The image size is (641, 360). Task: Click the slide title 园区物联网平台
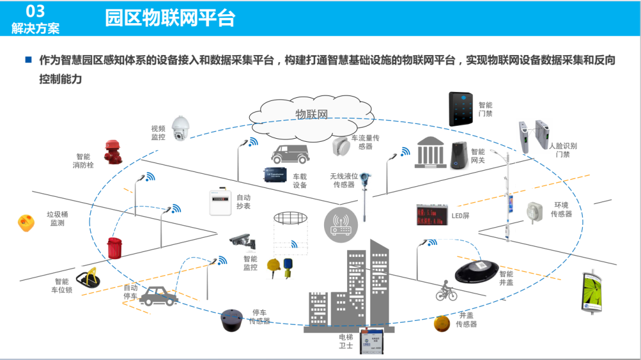pos(170,18)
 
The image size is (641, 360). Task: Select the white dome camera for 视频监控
pos(179,128)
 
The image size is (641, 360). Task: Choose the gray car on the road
pos(159,295)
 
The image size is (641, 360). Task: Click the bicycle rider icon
pos(446,291)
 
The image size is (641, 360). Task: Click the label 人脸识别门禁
pos(562,150)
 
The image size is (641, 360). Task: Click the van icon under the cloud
pos(290,154)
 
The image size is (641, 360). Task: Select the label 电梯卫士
pos(345,342)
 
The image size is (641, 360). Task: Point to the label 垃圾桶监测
pos(57,219)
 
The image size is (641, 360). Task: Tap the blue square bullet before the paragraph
pos(28,60)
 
